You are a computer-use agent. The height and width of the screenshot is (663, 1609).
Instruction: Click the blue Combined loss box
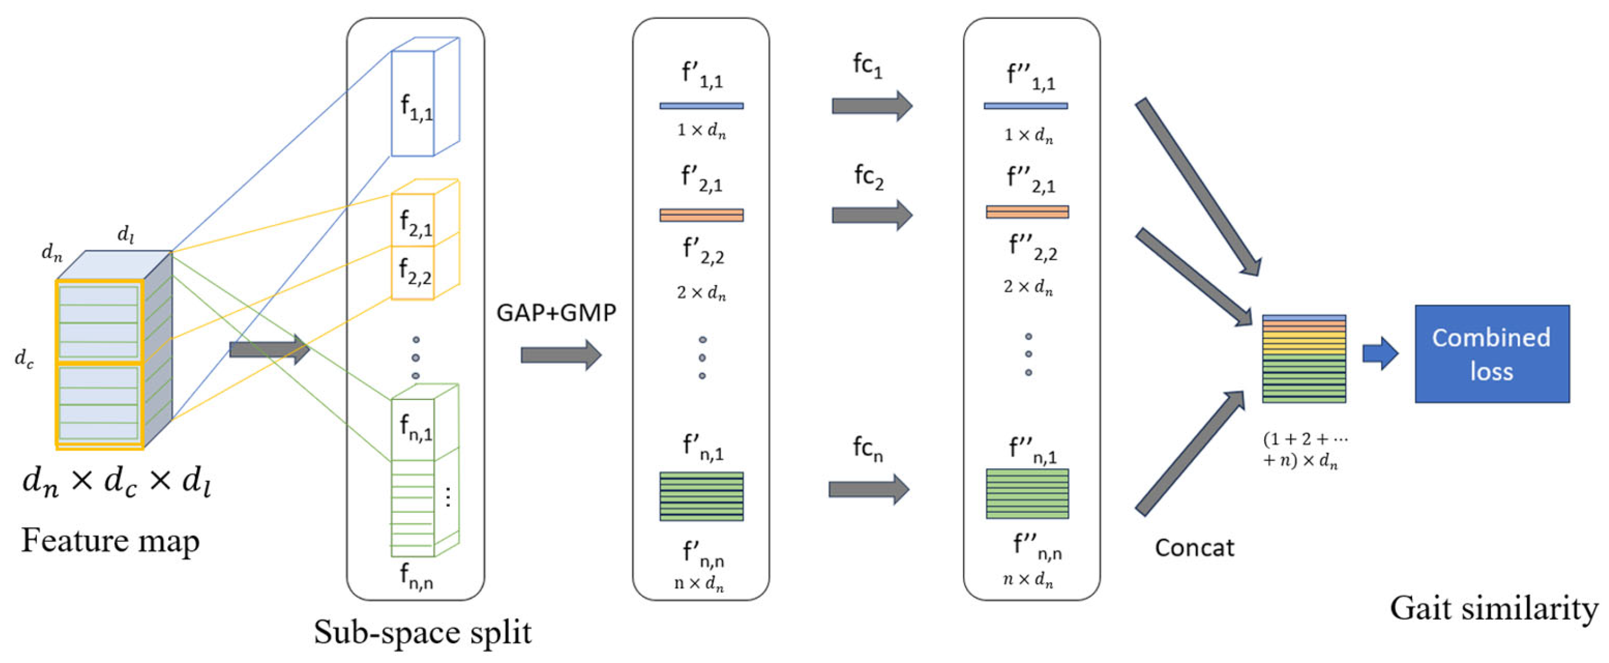pyautogui.click(x=1491, y=354)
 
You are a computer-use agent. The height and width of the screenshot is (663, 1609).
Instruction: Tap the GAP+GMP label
pyautogui.click(x=556, y=312)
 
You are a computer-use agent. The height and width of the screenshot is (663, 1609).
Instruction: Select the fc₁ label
pyautogui.click(x=868, y=65)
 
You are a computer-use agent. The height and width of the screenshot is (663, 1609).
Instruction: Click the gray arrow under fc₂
pyautogui.click(x=872, y=215)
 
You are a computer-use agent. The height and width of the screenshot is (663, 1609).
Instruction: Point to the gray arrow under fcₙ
pyautogui.click(x=869, y=489)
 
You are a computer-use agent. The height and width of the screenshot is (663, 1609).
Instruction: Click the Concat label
pyautogui.click(x=1194, y=547)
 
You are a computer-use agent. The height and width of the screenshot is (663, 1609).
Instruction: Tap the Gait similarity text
pyautogui.click(x=1494, y=608)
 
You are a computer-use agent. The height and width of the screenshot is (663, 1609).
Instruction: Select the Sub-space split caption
pyautogui.click(x=422, y=632)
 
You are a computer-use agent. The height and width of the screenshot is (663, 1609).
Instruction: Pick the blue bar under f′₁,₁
pyautogui.click(x=702, y=106)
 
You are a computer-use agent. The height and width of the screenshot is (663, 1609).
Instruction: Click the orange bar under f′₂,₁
pyautogui.click(x=702, y=215)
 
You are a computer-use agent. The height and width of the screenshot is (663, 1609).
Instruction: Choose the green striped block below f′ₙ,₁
pyautogui.click(x=702, y=496)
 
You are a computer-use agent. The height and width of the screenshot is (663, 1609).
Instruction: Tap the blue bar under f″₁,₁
pyautogui.click(x=1026, y=106)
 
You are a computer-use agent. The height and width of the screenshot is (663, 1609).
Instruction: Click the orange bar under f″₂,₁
pyautogui.click(x=1027, y=212)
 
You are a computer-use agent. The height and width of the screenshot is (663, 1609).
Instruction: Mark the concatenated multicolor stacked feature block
pyautogui.click(x=1304, y=359)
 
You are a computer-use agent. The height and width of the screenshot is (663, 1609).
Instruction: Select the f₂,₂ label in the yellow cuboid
pyautogui.click(x=415, y=272)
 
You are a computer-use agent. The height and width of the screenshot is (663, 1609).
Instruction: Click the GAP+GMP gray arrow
pyautogui.click(x=561, y=355)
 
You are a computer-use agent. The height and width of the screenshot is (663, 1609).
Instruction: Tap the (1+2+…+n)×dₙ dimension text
pyautogui.click(x=1305, y=450)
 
